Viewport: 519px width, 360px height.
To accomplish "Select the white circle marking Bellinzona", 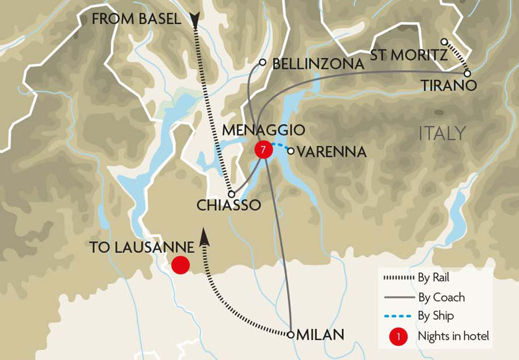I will pos(262,63).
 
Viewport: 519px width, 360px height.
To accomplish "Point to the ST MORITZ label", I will pos(409,56).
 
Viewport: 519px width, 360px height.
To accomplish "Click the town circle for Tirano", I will pos(467,73).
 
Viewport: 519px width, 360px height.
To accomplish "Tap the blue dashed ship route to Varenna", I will pos(280,147).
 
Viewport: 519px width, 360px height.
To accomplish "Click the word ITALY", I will pos(442,134).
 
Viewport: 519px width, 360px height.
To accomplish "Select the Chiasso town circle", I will pos(231,193).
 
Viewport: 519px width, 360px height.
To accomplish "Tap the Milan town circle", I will pos(291,335).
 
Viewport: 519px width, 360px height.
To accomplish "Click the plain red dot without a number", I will pos(180,265).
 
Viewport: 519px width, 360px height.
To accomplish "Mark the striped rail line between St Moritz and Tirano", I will pos(455,58).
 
